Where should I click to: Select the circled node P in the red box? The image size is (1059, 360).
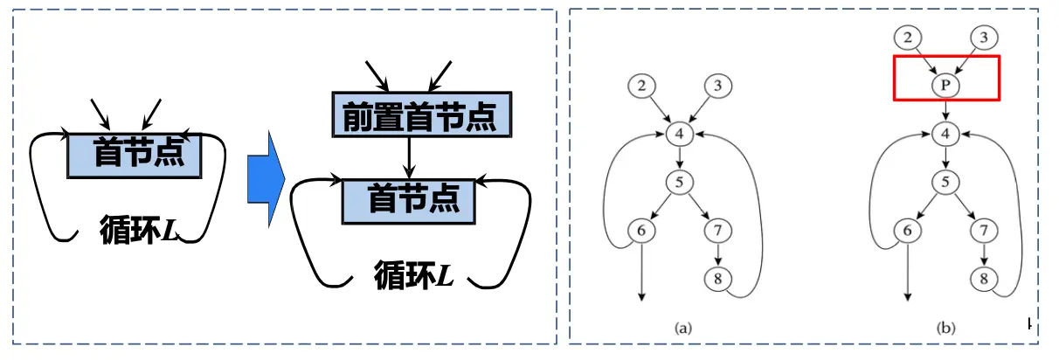945,85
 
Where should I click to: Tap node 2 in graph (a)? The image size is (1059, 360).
642,86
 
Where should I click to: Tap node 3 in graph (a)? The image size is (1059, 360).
717,86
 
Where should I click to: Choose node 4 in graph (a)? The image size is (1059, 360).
680,134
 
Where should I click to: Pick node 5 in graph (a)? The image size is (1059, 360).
680,183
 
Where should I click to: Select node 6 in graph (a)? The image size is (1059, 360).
642,232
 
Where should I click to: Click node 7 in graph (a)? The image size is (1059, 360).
717,232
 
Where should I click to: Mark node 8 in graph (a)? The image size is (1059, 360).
717,279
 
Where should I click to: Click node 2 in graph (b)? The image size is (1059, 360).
908,37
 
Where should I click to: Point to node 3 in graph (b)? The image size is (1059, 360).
983,37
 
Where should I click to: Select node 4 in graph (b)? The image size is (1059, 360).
945,134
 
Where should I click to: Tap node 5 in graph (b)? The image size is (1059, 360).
945,183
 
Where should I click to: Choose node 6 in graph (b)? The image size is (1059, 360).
908,232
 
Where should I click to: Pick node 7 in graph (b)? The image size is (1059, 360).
983,232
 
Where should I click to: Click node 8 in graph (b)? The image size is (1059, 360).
983,279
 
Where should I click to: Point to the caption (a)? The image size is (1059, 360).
683,329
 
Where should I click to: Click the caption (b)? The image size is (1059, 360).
945,329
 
